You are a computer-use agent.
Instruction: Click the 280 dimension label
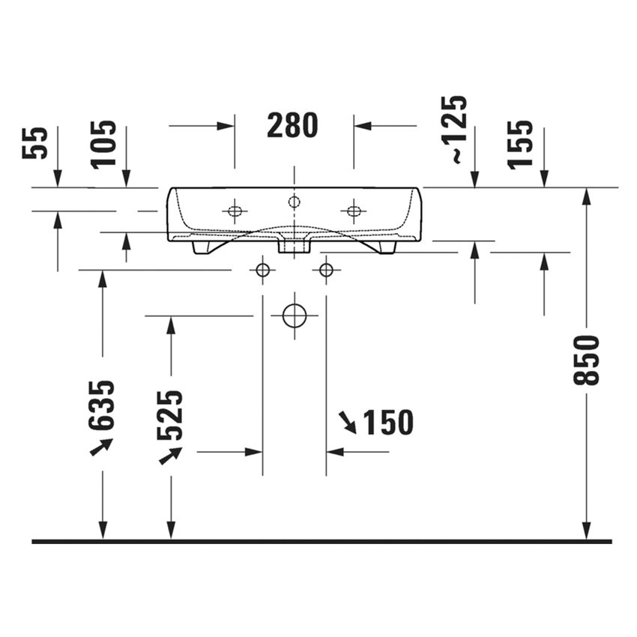293,126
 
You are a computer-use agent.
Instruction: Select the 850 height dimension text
587,360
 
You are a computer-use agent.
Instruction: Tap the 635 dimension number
102,405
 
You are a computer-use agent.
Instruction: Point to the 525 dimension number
170,414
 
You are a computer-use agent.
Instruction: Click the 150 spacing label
387,423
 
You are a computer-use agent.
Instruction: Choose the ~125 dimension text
456,130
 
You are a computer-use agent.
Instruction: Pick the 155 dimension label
520,145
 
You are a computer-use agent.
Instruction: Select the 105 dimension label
104,143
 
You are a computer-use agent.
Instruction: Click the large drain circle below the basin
295,316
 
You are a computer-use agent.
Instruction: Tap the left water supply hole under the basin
262,270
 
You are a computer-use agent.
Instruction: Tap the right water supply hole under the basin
326,270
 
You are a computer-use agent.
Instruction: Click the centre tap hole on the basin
294,201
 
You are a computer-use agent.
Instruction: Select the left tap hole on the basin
235,211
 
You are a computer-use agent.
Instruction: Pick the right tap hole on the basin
353,211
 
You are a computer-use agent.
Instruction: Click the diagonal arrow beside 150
348,421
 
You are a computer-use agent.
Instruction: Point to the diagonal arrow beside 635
101,447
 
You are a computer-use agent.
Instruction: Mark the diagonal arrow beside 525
170,455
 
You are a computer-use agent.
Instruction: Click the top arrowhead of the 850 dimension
587,194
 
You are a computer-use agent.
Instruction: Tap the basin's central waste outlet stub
294,245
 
